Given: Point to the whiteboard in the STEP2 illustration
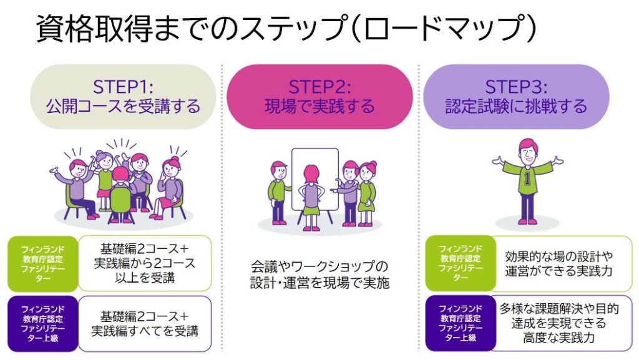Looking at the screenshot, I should (x=315, y=178).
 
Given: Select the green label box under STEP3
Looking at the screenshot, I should (x=461, y=263).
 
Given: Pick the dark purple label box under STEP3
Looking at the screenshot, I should (x=461, y=323).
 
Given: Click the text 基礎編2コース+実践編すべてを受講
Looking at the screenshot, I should (x=145, y=323).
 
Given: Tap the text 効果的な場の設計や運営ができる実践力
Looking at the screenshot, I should (x=559, y=263).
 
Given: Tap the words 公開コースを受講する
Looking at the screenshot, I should (x=123, y=106).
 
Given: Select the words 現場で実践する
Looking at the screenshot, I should (x=319, y=106).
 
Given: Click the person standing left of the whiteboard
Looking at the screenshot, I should (x=278, y=190).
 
